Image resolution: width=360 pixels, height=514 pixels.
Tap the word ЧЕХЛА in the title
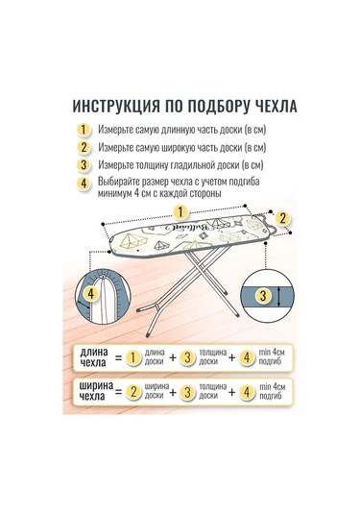click(x=271, y=105)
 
